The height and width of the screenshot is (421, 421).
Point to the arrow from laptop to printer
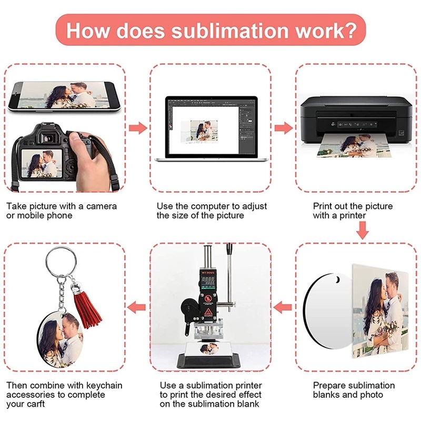[283, 128]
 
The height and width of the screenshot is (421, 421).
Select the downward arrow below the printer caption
[362, 230]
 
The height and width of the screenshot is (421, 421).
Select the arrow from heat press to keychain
[138, 306]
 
